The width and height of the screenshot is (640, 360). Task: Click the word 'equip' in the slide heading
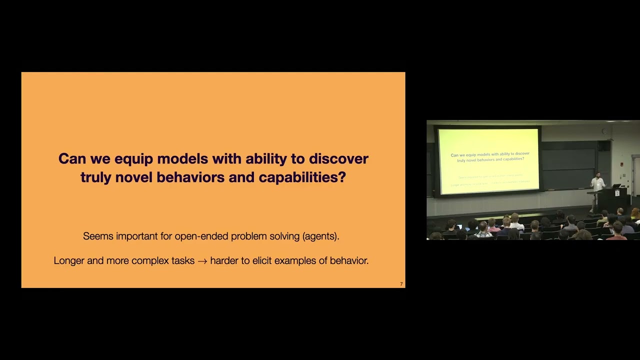(133, 159)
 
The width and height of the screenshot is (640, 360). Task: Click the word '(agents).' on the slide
(320, 236)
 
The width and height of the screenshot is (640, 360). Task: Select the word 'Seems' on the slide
(98, 236)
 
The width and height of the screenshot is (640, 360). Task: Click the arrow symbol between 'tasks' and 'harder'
(202, 261)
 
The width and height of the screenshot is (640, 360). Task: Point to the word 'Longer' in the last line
(69, 260)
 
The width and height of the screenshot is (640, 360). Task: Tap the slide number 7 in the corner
(401, 284)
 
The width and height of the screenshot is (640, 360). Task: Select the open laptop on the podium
(616, 186)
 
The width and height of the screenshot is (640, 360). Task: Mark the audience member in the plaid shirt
(483, 231)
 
